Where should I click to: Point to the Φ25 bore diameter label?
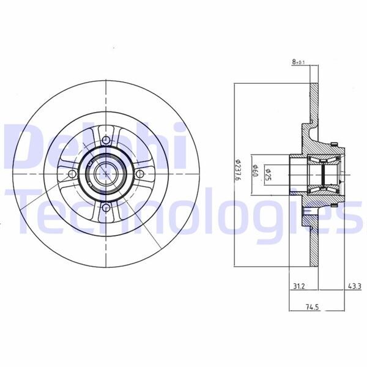(x=268, y=174)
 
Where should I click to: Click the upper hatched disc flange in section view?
(x=314, y=104)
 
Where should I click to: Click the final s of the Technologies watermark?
(x=352, y=218)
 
